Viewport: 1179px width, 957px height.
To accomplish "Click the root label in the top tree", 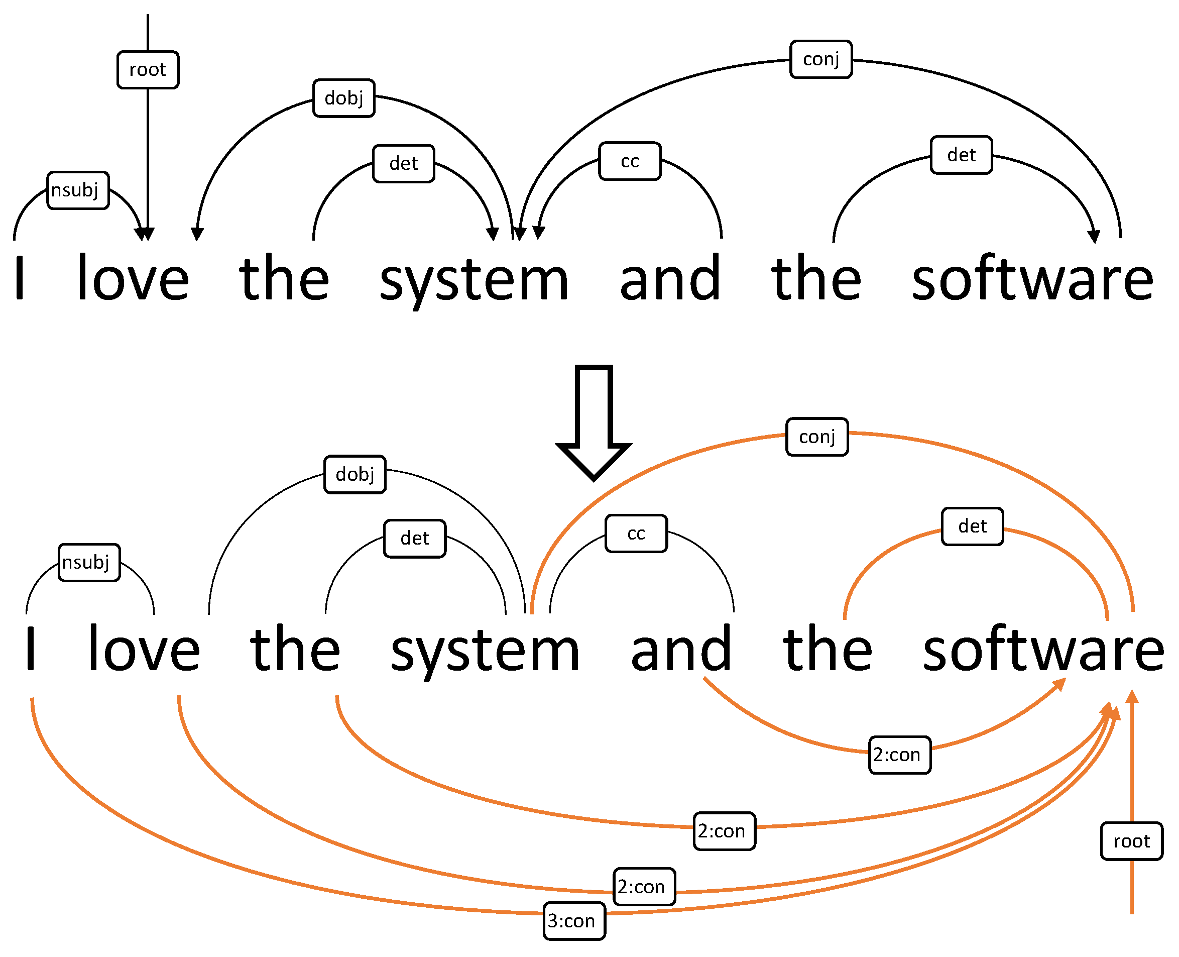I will (148, 69).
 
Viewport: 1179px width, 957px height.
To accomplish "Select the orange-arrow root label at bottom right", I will (1132, 841).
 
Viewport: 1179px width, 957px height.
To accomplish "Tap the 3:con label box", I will (574, 921).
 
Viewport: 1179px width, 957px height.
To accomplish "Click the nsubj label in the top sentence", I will (78, 190).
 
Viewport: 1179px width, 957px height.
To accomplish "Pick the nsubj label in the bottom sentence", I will (89, 562).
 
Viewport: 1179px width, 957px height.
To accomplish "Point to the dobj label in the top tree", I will (344, 98).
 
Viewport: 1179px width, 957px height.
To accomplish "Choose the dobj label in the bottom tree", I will (355, 474).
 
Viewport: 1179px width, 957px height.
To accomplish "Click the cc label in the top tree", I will (630, 161).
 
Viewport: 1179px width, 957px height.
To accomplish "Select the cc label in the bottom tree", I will (636, 533).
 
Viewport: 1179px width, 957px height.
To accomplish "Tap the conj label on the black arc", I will (821, 59).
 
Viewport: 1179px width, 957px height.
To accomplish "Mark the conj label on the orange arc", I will (817, 437).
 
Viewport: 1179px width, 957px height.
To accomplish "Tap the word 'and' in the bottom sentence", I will (681, 650).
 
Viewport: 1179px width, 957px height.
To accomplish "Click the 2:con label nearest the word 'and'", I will (900, 755).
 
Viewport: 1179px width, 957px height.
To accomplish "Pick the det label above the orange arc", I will (973, 526).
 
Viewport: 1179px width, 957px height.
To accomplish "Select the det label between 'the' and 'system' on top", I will (403, 164).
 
